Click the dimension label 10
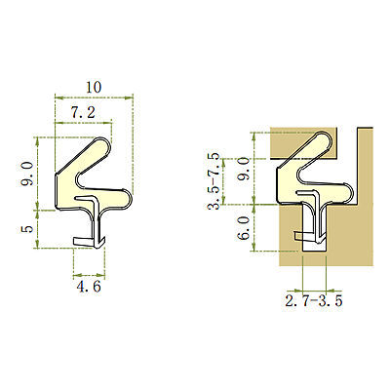click(x=94, y=87)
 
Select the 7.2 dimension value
click(x=83, y=113)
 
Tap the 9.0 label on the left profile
click(x=27, y=174)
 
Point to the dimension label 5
click(x=27, y=229)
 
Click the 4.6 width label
click(x=89, y=287)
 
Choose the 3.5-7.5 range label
click(x=214, y=181)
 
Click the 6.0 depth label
click(x=244, y=228)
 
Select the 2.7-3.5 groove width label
click(x=314, y=301)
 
